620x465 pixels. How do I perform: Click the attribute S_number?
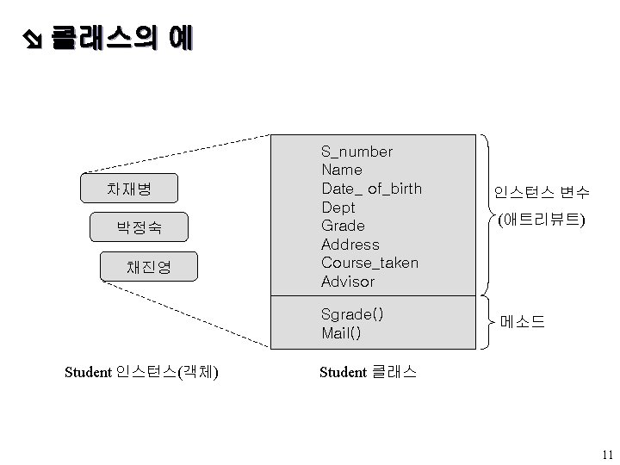coord(356,152)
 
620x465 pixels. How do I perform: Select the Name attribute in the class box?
coord(341,170)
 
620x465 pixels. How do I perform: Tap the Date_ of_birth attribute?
coord(371,189)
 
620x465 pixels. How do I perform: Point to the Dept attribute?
coord(338,208)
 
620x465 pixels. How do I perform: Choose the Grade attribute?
coord(343,226)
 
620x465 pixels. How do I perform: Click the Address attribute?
coord(350,245)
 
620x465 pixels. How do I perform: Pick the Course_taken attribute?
coord(369,263)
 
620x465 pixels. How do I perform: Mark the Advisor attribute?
coord(348,282)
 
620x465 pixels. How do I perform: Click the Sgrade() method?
coord(352,313)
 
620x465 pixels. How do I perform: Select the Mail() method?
coord(341,332)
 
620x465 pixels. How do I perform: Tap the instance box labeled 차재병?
coord(128,188)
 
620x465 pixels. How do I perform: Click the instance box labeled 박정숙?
coord(139,227)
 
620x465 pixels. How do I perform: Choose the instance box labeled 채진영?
coord(149,267)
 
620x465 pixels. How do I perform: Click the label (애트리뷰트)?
coord(541,220)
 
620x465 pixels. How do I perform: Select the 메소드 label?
coord(523,323)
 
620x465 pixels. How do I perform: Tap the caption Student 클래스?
coord(368,372)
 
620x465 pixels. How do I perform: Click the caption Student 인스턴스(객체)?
coord(141,372)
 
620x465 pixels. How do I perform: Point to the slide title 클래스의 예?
coord(121,38)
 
